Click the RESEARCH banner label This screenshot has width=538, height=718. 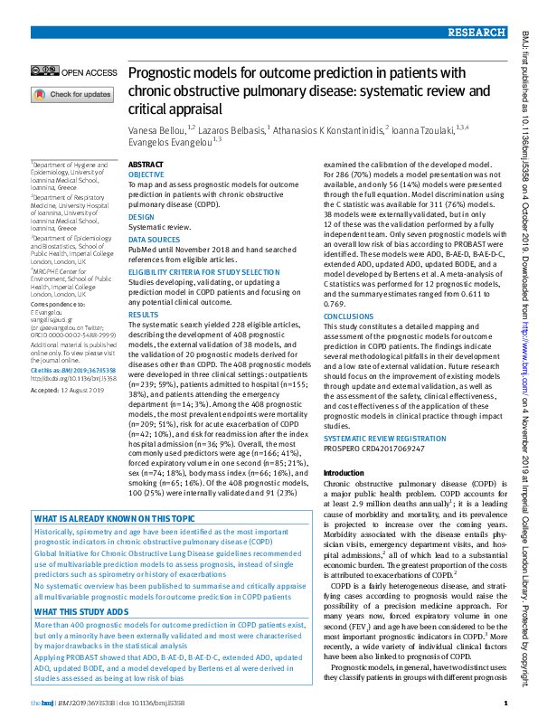click(477, 32)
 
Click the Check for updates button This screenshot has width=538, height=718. click(72, 94)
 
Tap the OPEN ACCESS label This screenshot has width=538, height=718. click(90, 71)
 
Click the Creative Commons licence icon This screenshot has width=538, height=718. click(44, 71)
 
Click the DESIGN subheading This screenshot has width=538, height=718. click(141, 217)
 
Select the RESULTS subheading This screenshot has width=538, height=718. click(143, 315)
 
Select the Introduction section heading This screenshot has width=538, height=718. click(344, 473)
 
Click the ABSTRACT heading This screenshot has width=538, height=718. click(146, 164)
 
